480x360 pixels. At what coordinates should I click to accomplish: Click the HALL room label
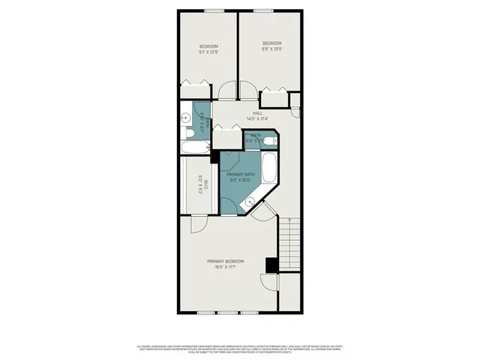click(x=257, y=112)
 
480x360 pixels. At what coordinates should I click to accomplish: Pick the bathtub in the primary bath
click(x=270, y=169)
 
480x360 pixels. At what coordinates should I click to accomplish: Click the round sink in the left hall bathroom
click(x=184, y=117)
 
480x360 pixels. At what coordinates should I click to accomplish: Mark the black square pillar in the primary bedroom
click(x=271, y=265)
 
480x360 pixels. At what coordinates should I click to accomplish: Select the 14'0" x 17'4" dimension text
click(x=256, y=118)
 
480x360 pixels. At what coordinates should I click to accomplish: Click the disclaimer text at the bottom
click(x=240, y=349)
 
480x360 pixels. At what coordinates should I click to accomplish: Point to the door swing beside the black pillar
click(x=268, y=283)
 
